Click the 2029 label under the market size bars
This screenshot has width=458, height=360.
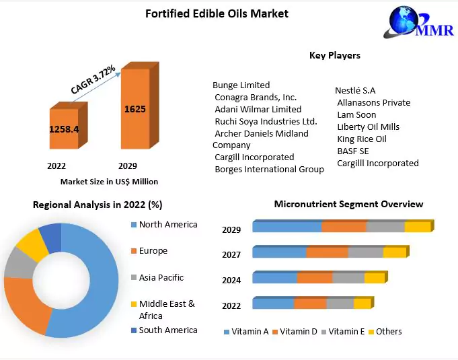click(128, 166)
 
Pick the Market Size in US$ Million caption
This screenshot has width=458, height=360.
click(109, 181)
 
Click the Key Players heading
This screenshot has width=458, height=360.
click(334, 55)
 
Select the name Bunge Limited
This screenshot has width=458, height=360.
click(241, 85)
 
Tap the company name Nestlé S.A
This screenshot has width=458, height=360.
click(355, 91)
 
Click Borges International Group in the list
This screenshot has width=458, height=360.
click(269, 170)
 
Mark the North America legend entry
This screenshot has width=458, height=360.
click(168, 225)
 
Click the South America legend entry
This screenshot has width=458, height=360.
click(168, 330)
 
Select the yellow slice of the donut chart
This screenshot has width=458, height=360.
click(29, 244)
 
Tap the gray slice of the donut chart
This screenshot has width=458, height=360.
click(17, 266)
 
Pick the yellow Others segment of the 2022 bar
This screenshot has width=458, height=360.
click(361, 304)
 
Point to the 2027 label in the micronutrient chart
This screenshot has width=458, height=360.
click(231, 254)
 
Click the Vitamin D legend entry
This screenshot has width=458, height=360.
click(298, 332)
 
